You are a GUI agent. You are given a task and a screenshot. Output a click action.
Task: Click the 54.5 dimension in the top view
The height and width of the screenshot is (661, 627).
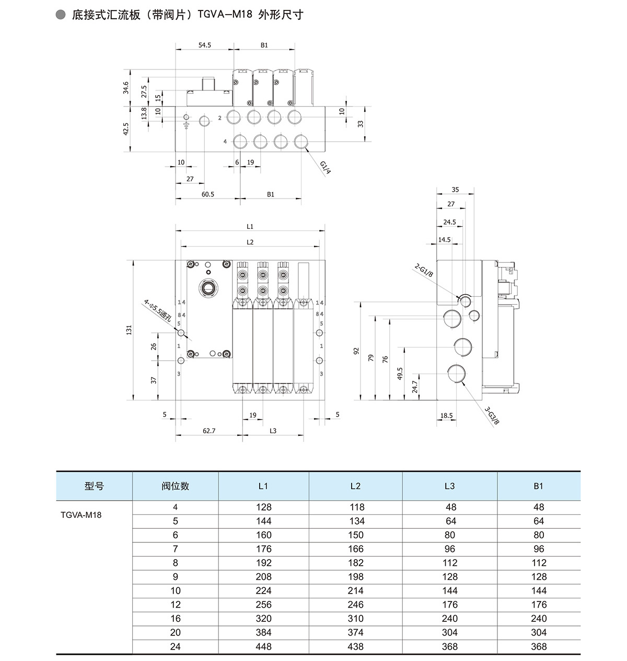point(204,45)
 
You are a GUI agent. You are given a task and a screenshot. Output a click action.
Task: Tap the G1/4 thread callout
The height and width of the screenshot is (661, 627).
point(326,167)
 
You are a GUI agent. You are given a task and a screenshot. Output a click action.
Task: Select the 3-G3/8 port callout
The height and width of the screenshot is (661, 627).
point(492,415)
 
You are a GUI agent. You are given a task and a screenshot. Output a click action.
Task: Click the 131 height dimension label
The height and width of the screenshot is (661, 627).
point(129,330)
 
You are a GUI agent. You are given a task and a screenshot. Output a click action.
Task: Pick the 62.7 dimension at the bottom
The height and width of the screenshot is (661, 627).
point(208,431)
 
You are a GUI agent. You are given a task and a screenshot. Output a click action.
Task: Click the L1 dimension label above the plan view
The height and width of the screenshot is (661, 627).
point(250,227)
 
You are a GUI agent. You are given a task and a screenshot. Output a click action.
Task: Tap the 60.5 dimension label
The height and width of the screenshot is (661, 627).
point(207,194)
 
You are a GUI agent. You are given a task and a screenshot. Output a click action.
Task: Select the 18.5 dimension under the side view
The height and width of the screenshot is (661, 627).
point(446,416)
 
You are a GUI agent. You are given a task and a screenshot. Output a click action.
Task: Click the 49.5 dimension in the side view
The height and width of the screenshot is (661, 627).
point(400,373)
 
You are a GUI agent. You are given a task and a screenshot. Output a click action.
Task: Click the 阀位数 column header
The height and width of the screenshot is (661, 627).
point(175,486)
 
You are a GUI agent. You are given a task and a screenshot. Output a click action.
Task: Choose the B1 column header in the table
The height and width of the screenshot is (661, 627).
point(539,486)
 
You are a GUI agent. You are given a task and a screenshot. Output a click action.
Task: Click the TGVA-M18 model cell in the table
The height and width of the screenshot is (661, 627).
point(81,515)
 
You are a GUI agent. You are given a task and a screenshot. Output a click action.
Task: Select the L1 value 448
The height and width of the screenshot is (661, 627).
point(263,646)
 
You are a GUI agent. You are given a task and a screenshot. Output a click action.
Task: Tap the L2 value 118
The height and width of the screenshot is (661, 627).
point(355,507)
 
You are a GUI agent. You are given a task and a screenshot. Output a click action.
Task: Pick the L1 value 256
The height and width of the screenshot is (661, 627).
point(263,605)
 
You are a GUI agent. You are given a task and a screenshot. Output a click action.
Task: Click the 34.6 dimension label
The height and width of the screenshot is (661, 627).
point(125,88)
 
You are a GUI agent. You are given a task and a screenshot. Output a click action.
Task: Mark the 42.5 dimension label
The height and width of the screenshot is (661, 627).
point(125,129)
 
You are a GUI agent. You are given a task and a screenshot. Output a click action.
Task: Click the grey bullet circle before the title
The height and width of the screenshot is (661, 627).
point(61,15)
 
